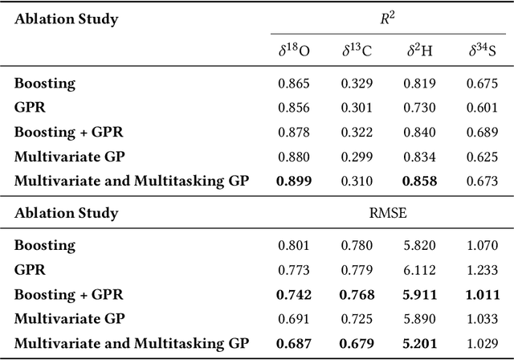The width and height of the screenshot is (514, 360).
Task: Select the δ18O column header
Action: (x=293, y=51)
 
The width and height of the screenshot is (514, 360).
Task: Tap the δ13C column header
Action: (x=357, y=51)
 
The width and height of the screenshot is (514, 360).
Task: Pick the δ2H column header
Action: (x=421, y=51)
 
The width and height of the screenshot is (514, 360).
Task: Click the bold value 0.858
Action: (x=421, y=182)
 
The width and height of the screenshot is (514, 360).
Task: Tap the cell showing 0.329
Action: (x=357, y=83)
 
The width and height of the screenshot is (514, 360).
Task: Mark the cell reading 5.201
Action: (x=421, y=342)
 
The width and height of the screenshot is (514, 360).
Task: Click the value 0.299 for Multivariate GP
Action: (x=357, y=157)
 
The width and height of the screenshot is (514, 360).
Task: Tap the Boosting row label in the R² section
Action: (x=45, y=83)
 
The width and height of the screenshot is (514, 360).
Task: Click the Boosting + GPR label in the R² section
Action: (x=69, y=132)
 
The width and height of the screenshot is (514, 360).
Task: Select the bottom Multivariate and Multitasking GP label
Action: (x=132, y=342)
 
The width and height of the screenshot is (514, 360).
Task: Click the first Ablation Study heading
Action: (x=66, y=18)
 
